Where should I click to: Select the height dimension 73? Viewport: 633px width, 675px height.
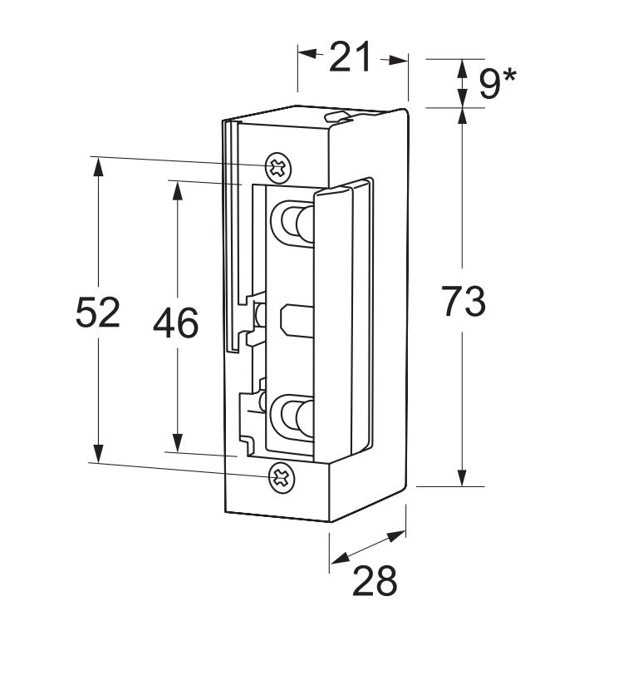tap(463, 302)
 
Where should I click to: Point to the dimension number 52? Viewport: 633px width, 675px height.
tap(98, 313)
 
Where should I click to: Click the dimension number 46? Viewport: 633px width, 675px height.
tap(175, 323)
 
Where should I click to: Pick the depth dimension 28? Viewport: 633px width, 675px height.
tap(375, 582)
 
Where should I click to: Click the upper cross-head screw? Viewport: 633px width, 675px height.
tap(278, 167)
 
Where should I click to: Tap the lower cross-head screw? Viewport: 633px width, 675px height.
tap(280, 476)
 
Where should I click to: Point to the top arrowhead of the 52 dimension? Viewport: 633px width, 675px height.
tap(98, 165)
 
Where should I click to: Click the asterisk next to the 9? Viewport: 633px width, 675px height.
tap(508, 76)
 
